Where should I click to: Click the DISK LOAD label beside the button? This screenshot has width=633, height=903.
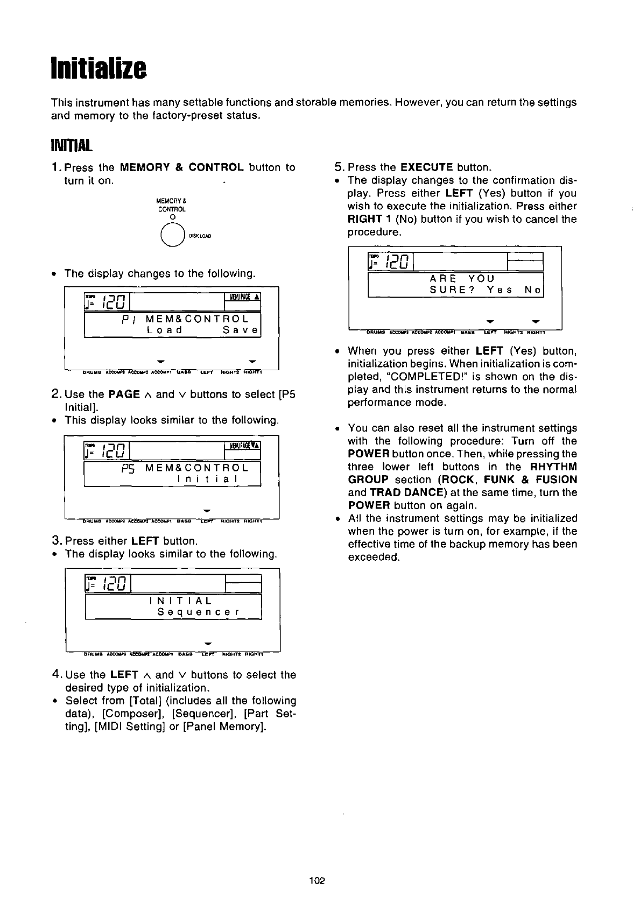click(x=200, y=236)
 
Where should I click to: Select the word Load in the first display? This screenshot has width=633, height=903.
click(x=164, y=329)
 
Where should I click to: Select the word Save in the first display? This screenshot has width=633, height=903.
click(x=241, y=329)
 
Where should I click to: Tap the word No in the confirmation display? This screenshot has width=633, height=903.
click(x=533, y=290)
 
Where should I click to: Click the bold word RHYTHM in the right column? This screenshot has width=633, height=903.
click(x=553, y=467)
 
